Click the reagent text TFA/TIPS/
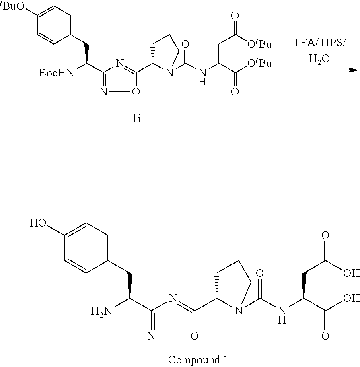tap(324, 43)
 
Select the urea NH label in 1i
tap(202, 77)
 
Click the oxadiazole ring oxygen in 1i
tap(136, 92)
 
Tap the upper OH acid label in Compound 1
tap(351, 274)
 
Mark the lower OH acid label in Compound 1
tap(351, 299)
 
